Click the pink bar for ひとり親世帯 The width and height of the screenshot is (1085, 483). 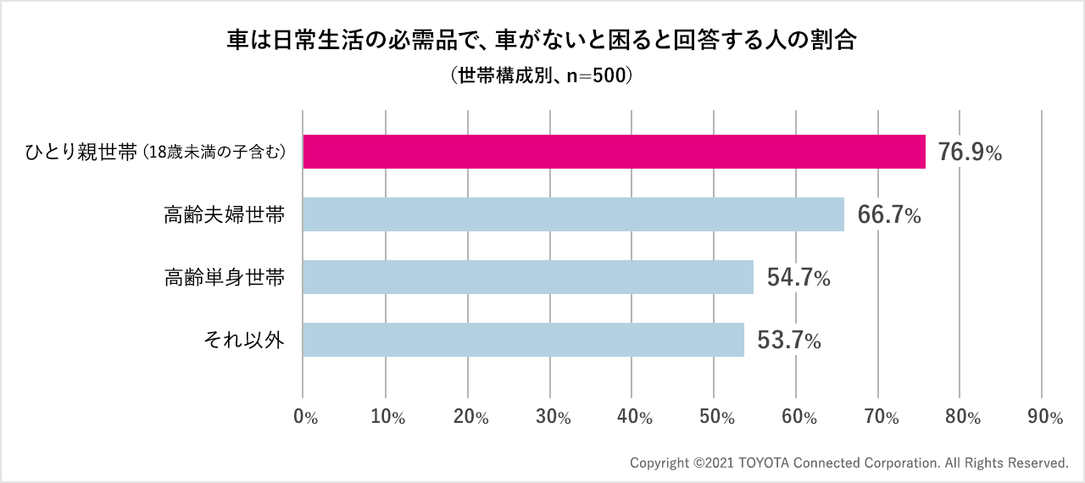(614, 152)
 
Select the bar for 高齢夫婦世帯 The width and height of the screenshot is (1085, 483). (573, 214)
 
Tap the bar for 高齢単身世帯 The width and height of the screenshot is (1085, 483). (527, 277)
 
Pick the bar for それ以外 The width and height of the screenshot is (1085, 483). (523, 340)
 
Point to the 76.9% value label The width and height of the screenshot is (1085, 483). (970, 153)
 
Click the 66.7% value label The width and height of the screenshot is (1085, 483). (888, 215)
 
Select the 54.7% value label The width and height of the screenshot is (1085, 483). (798, 278)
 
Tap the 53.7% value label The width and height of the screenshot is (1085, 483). (788, 341)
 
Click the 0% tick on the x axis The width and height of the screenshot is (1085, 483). (304, 416)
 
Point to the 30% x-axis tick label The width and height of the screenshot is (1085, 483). (552, 416)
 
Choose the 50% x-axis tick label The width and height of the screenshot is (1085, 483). (716, 416)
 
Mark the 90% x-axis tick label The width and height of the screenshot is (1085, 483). (1044, 416)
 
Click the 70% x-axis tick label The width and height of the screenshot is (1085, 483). (881, 416)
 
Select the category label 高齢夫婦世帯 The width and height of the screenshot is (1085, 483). (224, 215)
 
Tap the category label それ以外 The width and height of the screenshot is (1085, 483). (243, 341)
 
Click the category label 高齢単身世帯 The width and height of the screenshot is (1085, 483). (224, 278)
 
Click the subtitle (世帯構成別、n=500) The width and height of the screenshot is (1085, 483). (542, 75)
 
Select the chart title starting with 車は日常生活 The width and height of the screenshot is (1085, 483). (542, 41)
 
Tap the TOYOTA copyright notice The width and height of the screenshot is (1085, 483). (849, 464)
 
